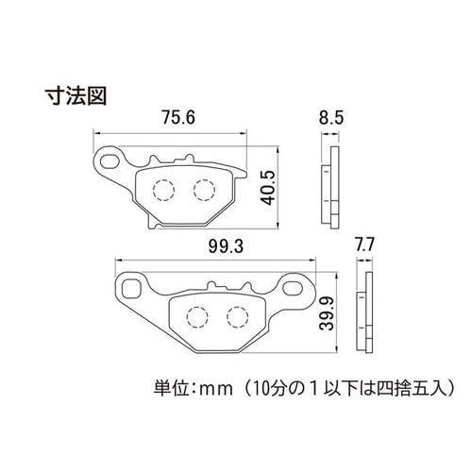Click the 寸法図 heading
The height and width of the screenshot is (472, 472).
[76, 95]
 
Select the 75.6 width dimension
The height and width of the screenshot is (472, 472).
[178, 117]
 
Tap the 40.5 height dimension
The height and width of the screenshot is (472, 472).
[268, 188]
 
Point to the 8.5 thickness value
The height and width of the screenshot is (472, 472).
[331, 118]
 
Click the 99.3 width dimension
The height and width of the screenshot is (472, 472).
[226, 245]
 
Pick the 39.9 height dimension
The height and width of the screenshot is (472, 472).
[327, 313]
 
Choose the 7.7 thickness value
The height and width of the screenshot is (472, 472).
[364, 244]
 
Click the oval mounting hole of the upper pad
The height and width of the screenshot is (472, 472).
[109, 161]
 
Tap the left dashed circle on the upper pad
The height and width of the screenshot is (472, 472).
[163, 190]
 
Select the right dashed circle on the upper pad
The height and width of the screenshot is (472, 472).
[205, 190]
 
